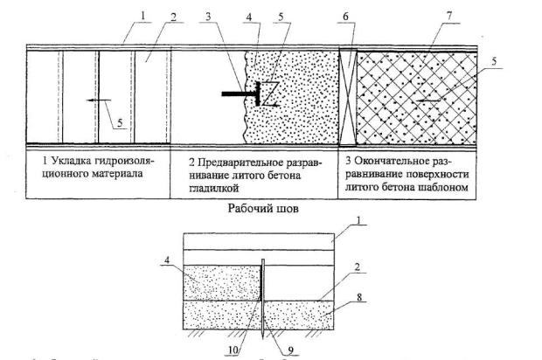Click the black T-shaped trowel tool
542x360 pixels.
point(237,91)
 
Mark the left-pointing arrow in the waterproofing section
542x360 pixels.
point(94,100)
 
